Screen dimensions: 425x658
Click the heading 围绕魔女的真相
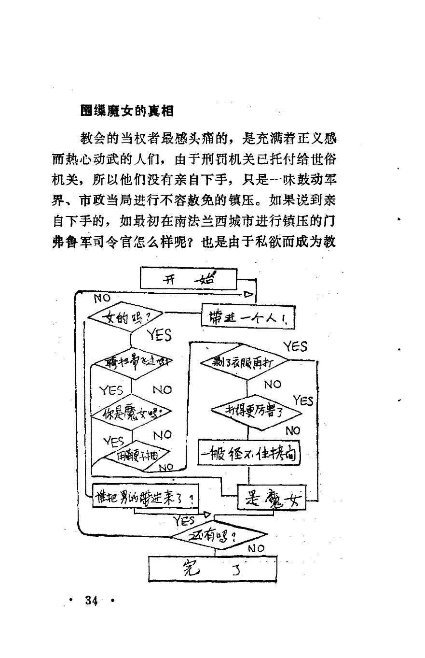click(127, 111)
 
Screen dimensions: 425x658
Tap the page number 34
click(92, 601)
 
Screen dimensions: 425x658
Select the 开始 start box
click(188, 279)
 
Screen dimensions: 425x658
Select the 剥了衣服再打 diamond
click(244, 362)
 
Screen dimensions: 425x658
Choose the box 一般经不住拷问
click(249, 454)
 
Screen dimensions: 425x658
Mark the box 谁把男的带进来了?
click(145, 499)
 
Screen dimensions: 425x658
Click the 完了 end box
click(213, 569)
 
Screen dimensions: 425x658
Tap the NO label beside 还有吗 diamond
click(256, 548)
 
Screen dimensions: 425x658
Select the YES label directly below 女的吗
click(159, 334)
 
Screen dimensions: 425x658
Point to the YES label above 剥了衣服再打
click(295, 346)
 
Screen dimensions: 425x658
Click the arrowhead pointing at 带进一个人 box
click(249, 294)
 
